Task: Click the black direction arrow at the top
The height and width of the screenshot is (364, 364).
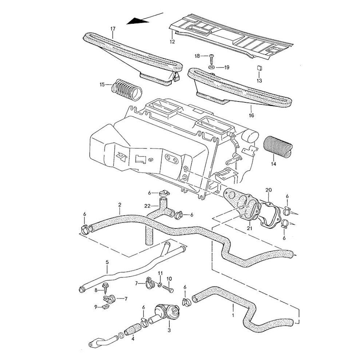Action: pos(138,21)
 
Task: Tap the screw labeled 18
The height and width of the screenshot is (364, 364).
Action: pos(211,58)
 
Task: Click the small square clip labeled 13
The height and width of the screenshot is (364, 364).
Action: pos(259,67)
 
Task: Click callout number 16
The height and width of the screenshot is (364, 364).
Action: pos(251,115)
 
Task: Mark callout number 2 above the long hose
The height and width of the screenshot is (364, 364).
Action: pos(120,205)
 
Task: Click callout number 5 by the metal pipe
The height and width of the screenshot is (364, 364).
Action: pos(107,261)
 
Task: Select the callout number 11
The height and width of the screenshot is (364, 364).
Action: pos(160,273)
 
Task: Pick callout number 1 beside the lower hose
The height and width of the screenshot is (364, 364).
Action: pos(233,312)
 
